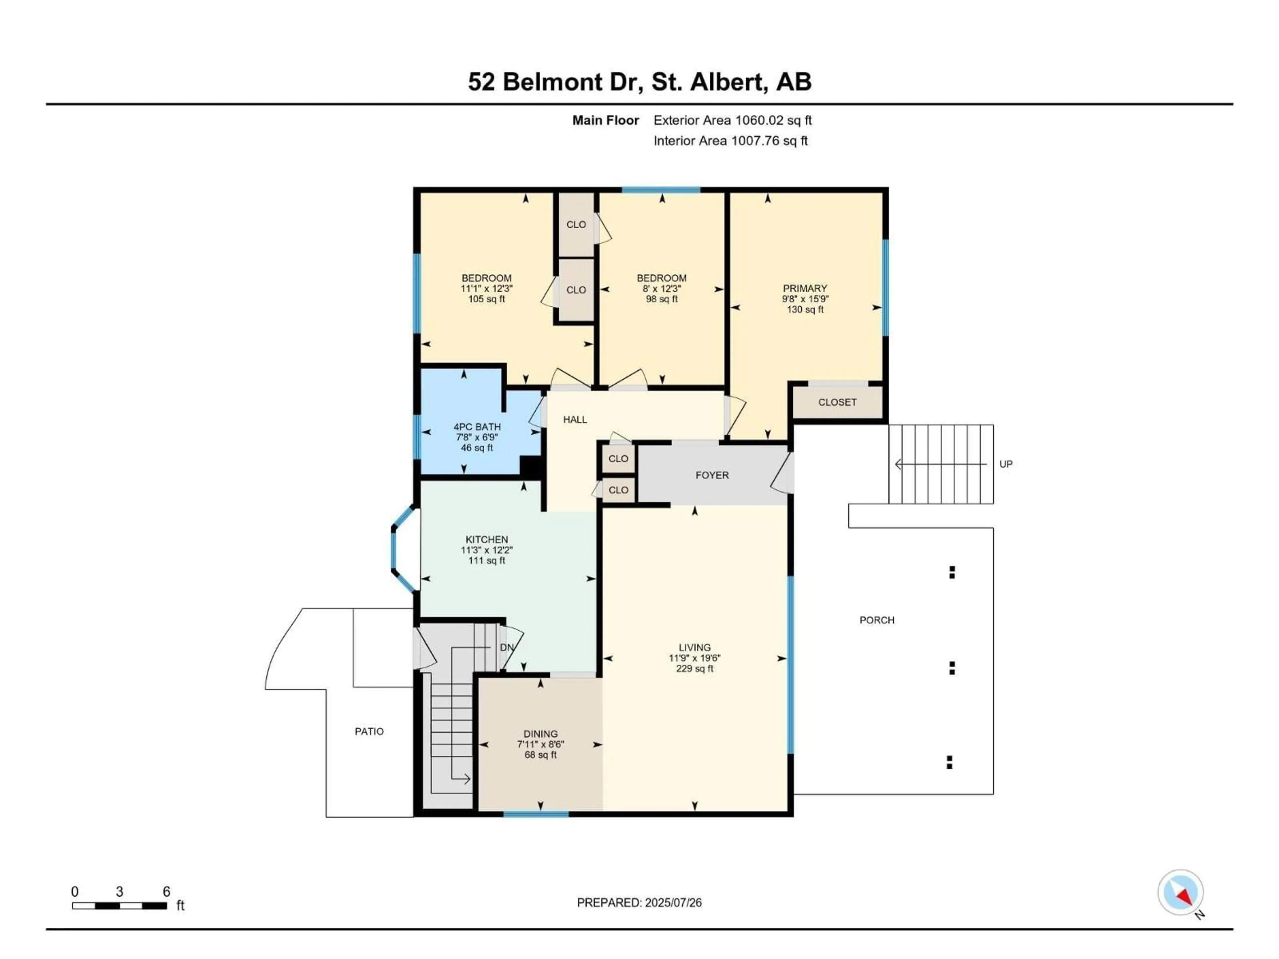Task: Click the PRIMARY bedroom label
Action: (805, 288)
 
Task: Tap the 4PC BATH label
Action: (477, 427)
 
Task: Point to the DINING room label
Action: (541, 734)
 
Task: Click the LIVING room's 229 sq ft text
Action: (694, 669)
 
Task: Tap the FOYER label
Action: (712, 475)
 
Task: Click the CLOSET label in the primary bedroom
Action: (837, 402)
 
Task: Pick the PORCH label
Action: (877, 620)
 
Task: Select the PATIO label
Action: (369, 731)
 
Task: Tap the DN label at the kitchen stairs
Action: (507, 647)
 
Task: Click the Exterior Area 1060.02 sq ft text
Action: (732, 120)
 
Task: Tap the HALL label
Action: (575, 420)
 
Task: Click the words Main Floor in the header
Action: (606, 120)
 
